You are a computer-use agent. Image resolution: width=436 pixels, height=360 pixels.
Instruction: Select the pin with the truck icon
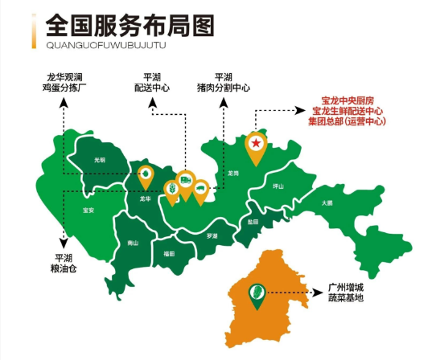[x=186, y=181]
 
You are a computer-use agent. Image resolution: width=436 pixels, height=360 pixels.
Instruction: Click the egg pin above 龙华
[x=146, y=174]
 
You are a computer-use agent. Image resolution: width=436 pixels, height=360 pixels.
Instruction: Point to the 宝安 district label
[x=88, y=211]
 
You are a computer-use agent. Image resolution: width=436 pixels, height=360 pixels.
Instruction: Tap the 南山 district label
[x=133, y=243]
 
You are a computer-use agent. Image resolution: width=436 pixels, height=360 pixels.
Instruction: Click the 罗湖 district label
[x=212, y=235]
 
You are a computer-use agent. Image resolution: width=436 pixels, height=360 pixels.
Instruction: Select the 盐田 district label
[x=253, y=221]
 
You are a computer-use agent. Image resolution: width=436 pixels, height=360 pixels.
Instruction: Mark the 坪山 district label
[x=279, y=186]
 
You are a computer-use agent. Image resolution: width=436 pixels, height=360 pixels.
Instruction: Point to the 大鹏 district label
[x=327, y=202]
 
